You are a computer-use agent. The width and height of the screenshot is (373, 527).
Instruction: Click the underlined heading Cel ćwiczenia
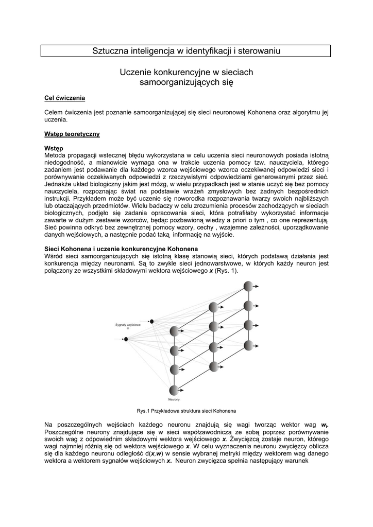[x=65, y=98]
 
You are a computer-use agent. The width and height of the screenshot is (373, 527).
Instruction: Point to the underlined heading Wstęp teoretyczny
[x=72, y=134]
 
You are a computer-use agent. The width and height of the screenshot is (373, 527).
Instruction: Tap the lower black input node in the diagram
[x=126, y=339]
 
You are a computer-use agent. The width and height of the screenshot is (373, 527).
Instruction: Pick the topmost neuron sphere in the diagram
[x=248, y=286]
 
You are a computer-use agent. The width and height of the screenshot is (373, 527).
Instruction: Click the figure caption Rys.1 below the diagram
[x=186, y=411]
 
